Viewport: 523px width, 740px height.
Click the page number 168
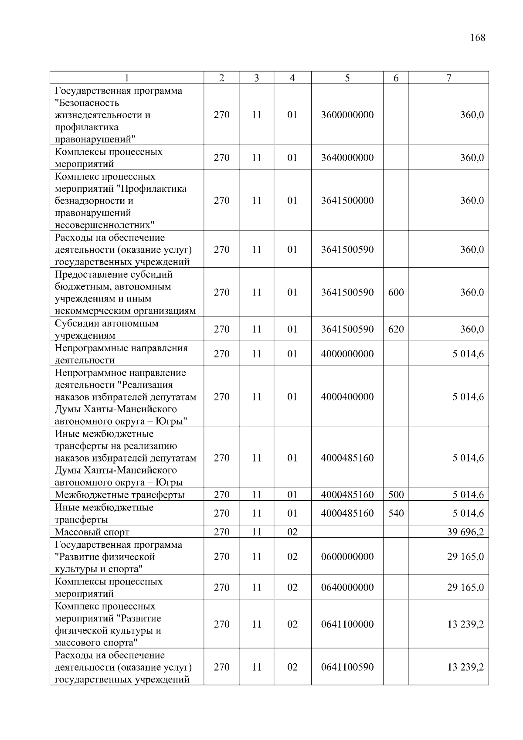coord(478,38)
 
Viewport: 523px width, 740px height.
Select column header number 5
coord(347,78)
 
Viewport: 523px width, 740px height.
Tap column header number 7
coord(448,78)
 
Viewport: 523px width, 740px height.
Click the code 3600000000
coord(347,115)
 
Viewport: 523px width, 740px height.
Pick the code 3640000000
coord(347,158)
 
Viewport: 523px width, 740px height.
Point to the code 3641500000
coord(347,200)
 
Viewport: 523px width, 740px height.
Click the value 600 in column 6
coord(396,292)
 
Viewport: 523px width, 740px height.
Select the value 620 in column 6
coord(396,329)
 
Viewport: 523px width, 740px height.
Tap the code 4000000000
coord(347,354)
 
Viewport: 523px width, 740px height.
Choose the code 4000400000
coord(347,397)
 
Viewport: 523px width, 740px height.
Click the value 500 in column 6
coord(396,495)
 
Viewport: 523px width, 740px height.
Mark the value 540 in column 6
coord(396,513)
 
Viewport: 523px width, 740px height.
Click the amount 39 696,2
coord(465,532)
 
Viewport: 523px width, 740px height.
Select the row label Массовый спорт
coord(92,532)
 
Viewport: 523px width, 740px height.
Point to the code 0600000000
coord(347,557)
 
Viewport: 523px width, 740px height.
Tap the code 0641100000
coord(347,624)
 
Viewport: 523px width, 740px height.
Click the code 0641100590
coord(347,667)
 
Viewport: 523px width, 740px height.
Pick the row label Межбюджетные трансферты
coord(119,495)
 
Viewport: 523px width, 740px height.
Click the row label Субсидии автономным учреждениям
coord(106,329)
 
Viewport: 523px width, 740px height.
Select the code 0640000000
coord(347,587)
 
